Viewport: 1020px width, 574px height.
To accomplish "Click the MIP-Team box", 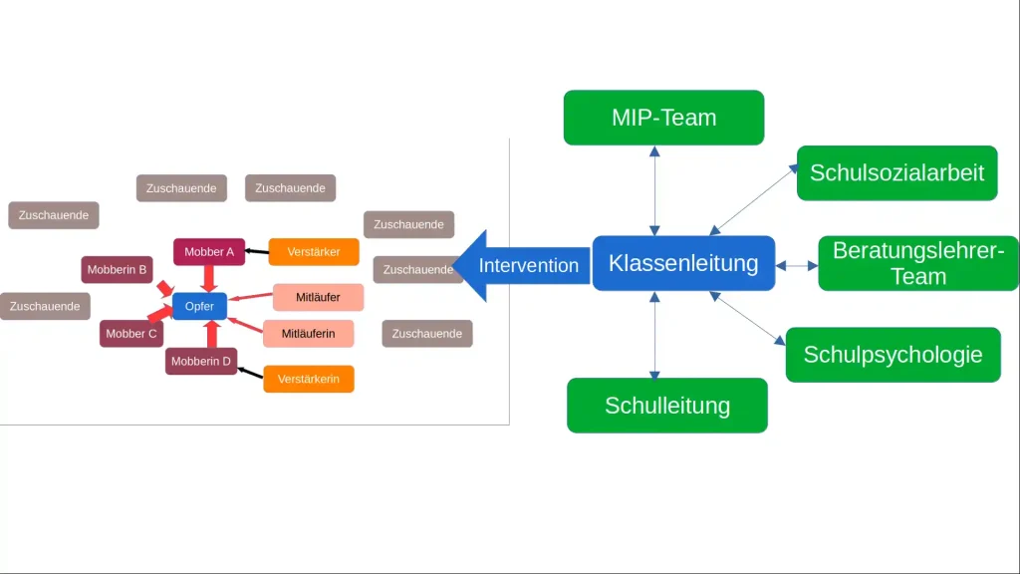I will point(663,118).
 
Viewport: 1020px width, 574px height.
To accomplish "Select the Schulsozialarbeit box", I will point(896,172).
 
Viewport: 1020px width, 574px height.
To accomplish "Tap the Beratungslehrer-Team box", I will point(917,263).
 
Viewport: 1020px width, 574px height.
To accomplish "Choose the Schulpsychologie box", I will point(892,355).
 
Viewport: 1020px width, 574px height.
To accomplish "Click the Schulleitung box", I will point(666,406).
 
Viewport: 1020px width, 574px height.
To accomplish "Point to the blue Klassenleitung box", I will point(683,263).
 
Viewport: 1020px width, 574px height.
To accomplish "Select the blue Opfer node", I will point(199,306).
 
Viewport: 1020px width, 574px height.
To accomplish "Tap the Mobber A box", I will point(209,252).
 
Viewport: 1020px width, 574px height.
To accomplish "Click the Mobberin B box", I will point(117,269).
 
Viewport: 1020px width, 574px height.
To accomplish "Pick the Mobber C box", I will point(131,334).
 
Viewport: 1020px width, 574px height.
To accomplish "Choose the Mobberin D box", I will point(201,361).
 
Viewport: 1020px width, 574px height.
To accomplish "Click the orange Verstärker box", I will point(314,252).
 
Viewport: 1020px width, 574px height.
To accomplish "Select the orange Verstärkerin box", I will point(309,379).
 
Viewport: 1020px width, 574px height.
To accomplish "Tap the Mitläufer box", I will point(318,297).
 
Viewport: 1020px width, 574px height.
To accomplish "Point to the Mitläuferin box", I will point(309,333).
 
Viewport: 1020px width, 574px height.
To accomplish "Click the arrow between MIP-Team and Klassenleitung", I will point(655,190).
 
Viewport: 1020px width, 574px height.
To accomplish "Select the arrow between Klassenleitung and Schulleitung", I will point(655,335).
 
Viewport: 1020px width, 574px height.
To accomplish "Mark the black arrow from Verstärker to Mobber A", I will point(257,251).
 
